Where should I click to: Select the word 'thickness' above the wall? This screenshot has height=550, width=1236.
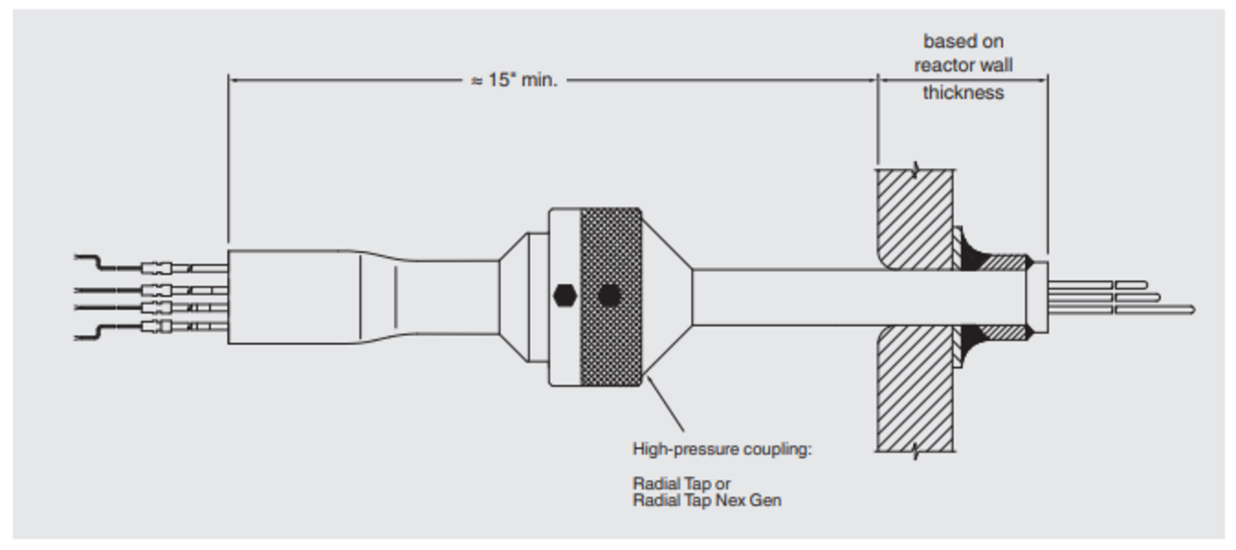pos(962,92)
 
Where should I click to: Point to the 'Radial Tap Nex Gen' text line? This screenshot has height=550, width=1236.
pos(706,500)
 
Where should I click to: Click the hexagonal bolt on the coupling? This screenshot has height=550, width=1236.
pos(565,295)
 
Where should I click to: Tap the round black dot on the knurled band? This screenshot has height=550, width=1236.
pos(609,296)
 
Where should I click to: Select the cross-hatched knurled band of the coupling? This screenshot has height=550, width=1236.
pos(611,247)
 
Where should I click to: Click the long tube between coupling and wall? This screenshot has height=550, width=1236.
pos(783,296)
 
